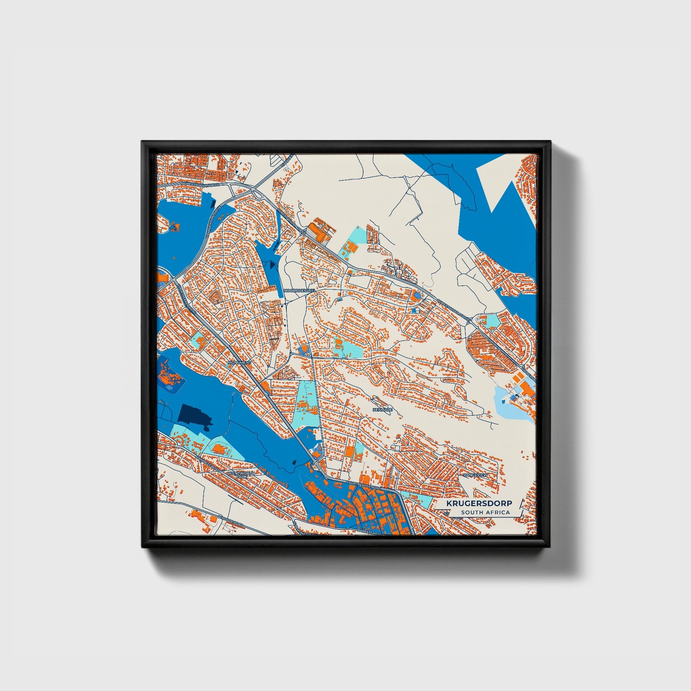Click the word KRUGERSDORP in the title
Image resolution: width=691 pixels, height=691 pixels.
tap(479, 504)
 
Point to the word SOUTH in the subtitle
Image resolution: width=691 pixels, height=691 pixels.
tap(472, 513)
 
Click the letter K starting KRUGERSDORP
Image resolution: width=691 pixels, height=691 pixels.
tap(449, 504)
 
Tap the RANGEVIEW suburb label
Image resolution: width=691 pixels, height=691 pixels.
tap(475, 475)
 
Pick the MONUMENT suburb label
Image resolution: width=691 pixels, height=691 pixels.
tap(239, 362)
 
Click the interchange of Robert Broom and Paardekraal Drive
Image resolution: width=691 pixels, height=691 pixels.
tap(244, 189)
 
